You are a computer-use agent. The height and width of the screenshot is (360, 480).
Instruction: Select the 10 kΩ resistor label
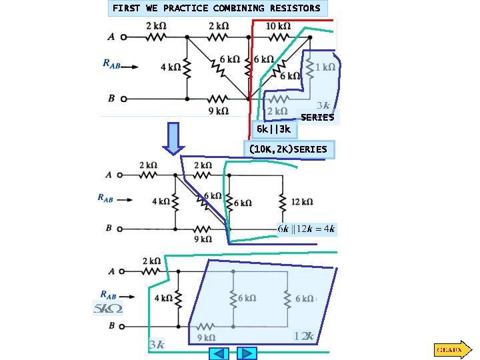(278, 26)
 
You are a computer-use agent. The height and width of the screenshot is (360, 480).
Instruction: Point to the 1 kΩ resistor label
(325, 67)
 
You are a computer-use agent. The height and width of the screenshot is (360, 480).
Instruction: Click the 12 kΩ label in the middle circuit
(302, 201)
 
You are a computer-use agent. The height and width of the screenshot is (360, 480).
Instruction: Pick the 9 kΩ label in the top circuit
(219, 111)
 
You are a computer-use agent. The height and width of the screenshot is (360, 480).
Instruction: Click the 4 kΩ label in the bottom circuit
(162, 299)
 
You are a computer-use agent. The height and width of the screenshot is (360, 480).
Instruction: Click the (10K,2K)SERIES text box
(289, 149)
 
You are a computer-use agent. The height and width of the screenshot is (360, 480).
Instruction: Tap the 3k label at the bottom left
(157, 344)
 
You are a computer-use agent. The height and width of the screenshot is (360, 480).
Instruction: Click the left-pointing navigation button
(219, 353)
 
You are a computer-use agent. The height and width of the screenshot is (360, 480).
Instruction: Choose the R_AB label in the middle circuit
(109, 197)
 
